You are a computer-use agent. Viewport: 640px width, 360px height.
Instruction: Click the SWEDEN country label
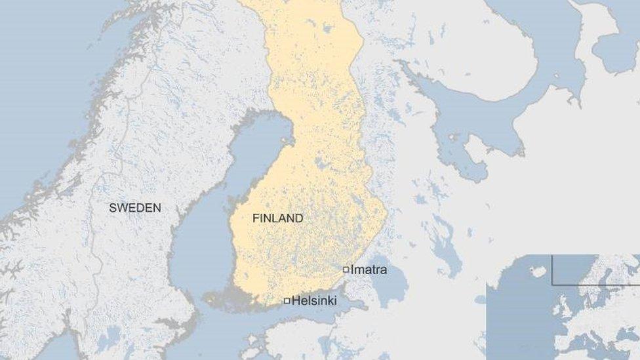pos(134,208)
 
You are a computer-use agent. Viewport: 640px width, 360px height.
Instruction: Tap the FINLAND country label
pos(277,218)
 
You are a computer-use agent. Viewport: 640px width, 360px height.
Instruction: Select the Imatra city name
pos(369,270)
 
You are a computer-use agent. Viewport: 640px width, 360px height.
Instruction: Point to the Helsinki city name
pos(314,301)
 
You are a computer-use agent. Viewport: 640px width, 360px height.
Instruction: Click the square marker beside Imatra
pos(346,270)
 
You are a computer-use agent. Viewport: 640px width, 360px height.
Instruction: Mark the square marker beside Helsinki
pos(287,301)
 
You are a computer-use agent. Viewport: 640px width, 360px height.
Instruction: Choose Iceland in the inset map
pos(538,271)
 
